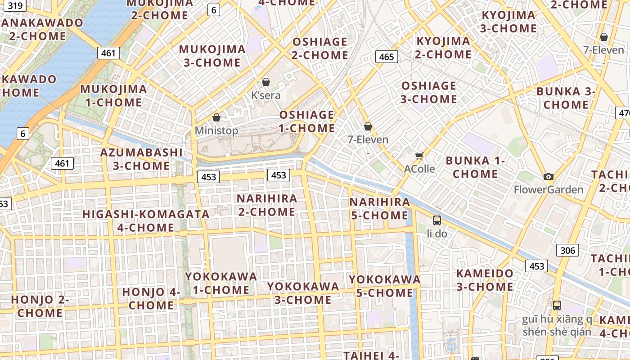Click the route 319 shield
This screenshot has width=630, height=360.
click(x=15, y=6)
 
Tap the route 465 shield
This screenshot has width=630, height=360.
click(x=386, y=57)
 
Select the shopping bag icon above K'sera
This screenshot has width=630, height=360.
click(x=266, y=82)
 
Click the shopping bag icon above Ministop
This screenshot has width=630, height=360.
click(x=216, y=117)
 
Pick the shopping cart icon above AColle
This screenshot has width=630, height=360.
click(x=419, y=156)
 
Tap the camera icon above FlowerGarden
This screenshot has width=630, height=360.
click(x=548, y=176)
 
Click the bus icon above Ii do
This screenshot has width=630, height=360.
click(x=436, y=220)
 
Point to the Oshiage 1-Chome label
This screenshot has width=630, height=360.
click(x=307, y=121)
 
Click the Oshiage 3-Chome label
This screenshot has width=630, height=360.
click(x=428, y=92)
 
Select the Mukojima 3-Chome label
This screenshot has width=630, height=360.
click(x=212, y=56)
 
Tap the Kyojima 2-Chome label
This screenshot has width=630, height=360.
click(x=443, y=48)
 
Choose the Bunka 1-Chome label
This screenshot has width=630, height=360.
click(x=475, y=167)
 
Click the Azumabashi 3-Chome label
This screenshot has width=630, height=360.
click(x=141, y=159)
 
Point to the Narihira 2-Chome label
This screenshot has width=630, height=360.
click(x=267, y=205)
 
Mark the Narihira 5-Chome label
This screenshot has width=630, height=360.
click(x=380, y=208)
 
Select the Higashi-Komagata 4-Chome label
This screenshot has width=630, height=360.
click(x=146, y=220)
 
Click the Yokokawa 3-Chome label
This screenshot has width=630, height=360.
click(x=303, y=293)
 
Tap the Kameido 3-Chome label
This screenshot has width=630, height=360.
click(x=485, y=280)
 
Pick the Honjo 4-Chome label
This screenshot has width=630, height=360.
click(x=151, y=298)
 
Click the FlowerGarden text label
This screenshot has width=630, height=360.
click(x=549, y=189)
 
